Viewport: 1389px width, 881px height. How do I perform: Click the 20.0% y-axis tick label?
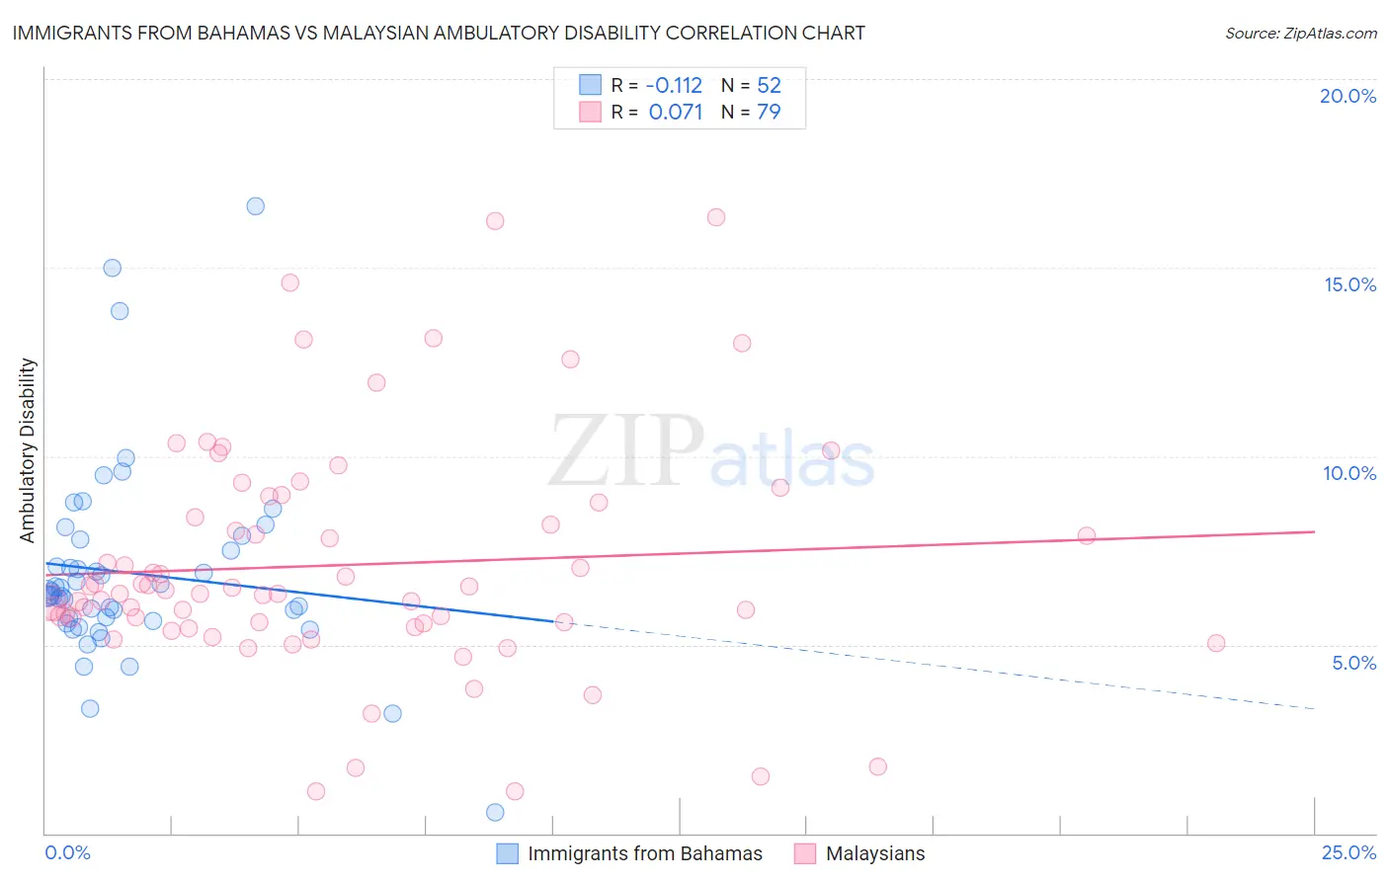pyautogui.click(x=1348, y=96)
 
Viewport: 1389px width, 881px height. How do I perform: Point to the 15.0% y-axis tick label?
pyautogui.click(x=1349, y=284)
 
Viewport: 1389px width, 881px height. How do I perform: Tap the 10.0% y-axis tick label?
pyautogui.click(x=1349, y=473)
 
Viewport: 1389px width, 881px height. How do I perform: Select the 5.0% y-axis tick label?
pyautogui.click(x=1353, y=663)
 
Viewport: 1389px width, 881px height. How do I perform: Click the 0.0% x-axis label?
pyautogui.click(x=67, y=852)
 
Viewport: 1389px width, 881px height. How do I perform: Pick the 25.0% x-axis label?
pyautogui.click(x=1348, y=852)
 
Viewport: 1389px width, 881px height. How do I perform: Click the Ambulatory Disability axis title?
pyautogui.click(x=28, y=450)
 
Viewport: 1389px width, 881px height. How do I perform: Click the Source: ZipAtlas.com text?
pyautogui.click(x=1300, y=34)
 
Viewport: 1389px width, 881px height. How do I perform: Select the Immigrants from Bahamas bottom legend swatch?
pyautogui.click(x=507, y=853)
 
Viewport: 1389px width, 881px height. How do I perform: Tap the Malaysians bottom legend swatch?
pyautogui.click(x=805, y=853)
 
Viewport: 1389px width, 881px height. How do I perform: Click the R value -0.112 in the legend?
pyautogui.click(x=674, y=86)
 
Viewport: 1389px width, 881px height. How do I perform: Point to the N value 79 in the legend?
pyautogui.click(x=769, y=112)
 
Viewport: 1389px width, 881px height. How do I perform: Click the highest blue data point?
pyautogui.click(x=255, y=206)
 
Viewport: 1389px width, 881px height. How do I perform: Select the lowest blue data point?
pyautogui.click(x=495, y=812)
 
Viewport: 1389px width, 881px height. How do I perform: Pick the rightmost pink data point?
pyautogui.click(x=1216, y=643)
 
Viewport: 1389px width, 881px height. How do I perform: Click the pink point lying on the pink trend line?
pyautogui.click(x=1086, y=535)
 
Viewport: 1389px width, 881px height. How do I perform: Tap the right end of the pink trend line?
pyautogui.click(x=1314, y=531)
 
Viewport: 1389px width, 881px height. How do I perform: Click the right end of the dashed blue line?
pyautogui.click(x=1314, y=708)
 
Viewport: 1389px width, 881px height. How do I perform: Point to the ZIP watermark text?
pyautogui.click(x=626, y=450)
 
